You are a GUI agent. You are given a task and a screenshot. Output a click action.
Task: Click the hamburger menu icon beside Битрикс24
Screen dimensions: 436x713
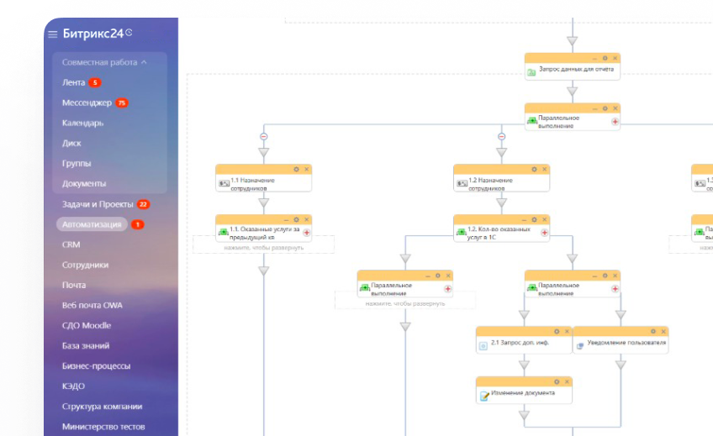(52, 34)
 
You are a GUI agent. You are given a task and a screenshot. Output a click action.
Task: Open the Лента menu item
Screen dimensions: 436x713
(74, 82)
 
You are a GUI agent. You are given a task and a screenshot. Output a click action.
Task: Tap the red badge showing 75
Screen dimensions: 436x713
(122, 102)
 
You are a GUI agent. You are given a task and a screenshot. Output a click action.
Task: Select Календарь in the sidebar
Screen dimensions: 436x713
(83, 123)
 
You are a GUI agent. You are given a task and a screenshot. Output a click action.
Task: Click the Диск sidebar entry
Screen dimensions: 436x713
(71, 143)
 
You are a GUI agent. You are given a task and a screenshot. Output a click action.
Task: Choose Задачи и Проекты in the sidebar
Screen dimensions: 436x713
(98, 204)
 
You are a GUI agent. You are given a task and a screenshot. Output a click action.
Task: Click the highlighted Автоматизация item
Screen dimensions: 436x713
(92, 224)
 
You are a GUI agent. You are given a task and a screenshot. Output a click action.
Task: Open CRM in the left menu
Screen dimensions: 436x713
(71, 244)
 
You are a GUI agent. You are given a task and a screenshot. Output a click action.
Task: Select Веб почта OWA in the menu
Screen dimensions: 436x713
(92, 305)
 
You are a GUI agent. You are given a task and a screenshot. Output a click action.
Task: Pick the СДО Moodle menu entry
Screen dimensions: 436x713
(87, 325)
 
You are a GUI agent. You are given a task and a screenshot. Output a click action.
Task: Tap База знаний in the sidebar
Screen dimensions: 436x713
(86, 345)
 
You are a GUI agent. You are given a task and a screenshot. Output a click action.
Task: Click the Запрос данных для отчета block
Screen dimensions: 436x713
(572, 71)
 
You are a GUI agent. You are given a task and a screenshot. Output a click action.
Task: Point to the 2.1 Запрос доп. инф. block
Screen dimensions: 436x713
(524, 344)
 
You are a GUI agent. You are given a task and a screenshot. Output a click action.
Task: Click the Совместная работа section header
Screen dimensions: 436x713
(103, 62)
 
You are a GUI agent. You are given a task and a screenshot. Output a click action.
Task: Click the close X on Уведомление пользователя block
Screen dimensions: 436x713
(663, 331)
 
